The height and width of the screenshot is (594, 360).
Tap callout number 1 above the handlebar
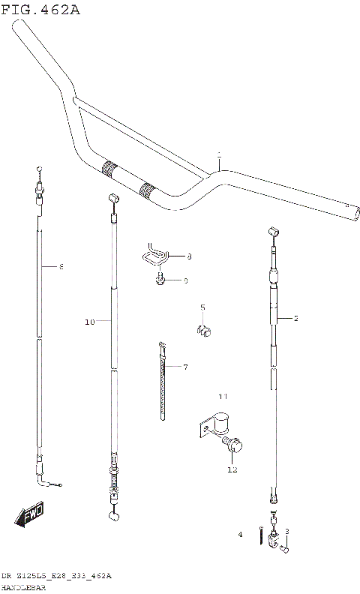pos(219,157)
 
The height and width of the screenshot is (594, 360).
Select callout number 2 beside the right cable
pos(295,319)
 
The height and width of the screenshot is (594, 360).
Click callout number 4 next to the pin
pos(241,535)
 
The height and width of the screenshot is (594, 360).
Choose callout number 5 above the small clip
pos(202,307)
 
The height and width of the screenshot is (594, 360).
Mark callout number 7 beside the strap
pos(185,367)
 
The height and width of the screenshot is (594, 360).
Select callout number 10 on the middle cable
pos(89,322)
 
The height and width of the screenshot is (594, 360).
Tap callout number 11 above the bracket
pos(222,395)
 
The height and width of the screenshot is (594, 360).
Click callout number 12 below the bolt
pos(232,470)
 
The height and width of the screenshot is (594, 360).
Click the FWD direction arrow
pos(31,516)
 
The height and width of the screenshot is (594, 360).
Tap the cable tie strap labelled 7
pos(162,382)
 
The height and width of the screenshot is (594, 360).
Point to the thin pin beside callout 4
pos(259,535)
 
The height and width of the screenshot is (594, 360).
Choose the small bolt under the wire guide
pos(160,280)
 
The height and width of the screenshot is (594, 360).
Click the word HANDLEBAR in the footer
pos(23,588)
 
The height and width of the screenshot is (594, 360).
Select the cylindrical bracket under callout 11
pos(220,425)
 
